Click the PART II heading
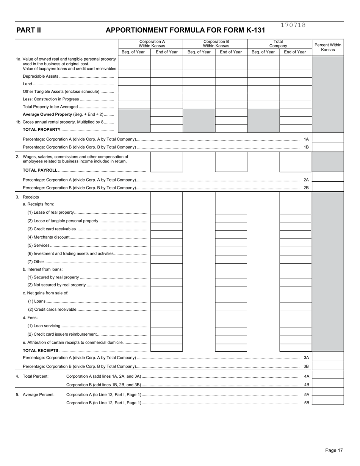[x=28, y=30]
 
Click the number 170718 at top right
[x=293, y=25]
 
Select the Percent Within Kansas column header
[x=328, y=47]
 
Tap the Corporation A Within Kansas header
[x=152, y=44]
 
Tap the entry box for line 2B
[x=328, y=187]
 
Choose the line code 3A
[x=307, y=358]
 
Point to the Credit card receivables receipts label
[x=52, y=229]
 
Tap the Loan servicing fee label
[x=44, y=326]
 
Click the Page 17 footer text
[x=334, y=450]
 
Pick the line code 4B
[x=307, y=385]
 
